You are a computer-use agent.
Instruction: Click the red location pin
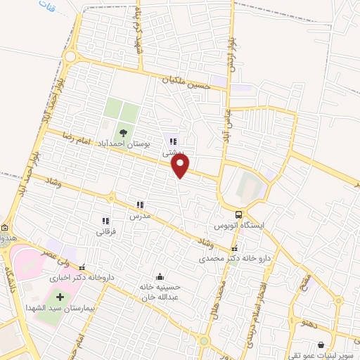coord(181,165)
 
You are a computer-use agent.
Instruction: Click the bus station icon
coord(239,215)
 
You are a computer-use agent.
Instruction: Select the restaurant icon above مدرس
coord(141,205)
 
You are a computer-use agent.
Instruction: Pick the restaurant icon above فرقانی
coord(106,221)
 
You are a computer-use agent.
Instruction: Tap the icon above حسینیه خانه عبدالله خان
coord(162,276)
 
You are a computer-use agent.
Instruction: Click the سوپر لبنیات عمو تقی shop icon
coord(321,345)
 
